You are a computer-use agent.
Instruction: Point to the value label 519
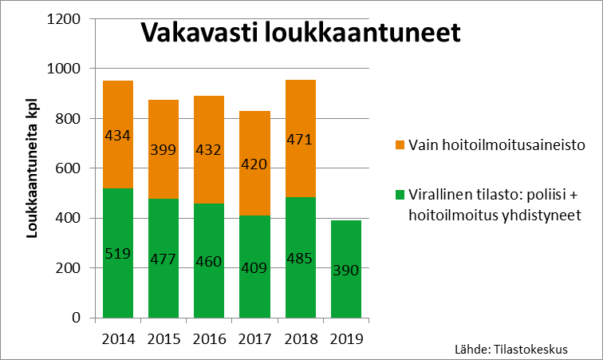click(x=117, y=254)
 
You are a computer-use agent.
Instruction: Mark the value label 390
click(x=346, y=270)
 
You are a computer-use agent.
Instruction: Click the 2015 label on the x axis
click(x=163, y=338)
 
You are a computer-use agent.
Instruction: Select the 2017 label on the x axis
click(x=254, y=338)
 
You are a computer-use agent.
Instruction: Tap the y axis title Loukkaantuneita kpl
click(x=33, y=168)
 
